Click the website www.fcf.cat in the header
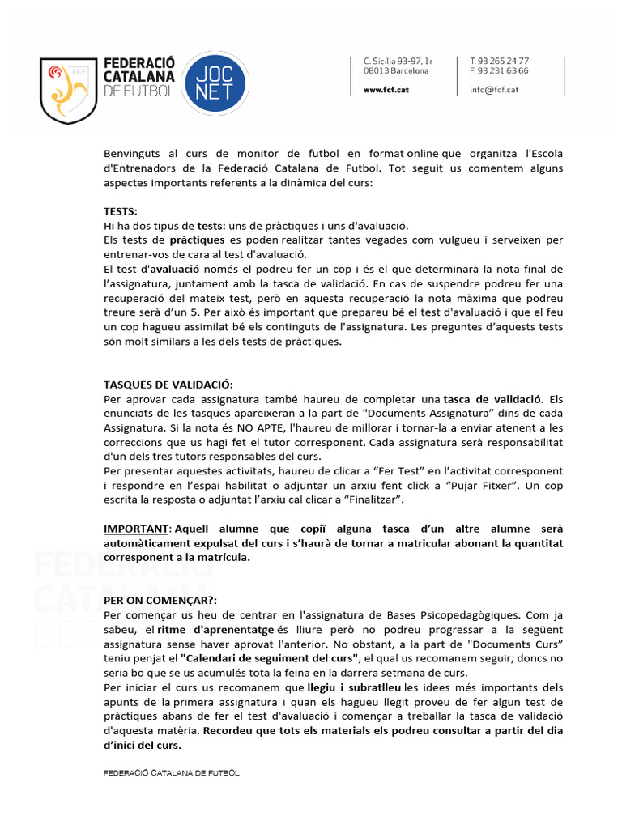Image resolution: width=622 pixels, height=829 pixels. pos(386,90)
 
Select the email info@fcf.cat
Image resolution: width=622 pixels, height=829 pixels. pos(493,90)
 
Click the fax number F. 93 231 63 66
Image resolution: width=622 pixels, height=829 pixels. pos(499,70)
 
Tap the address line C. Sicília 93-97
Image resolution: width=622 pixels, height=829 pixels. pos(398,61)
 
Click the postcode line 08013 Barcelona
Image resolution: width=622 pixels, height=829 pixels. pos(396,70)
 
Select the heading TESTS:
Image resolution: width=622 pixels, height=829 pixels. pos(121,211)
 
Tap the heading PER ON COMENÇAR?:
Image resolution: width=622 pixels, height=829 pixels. pos(160,602)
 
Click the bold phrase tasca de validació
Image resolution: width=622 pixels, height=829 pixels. pos(495,399)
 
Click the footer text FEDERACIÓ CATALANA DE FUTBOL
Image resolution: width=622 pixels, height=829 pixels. pos(172,773)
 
